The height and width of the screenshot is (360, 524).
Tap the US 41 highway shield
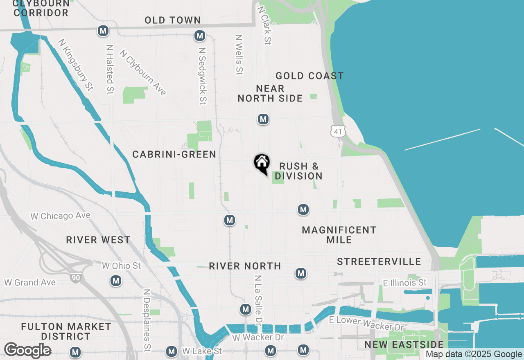tap(338, 131)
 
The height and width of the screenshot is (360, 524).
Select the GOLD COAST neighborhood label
tap(309, 76)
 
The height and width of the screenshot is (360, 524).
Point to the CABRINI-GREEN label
tap(174, 154)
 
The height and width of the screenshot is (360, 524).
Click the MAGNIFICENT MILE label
tap(339, 235)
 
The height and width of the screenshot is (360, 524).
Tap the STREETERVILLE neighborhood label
tap(379, 261)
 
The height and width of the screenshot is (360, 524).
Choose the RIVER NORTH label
tap(245, 266)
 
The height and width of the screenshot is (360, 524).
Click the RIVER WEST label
tap(98, 240)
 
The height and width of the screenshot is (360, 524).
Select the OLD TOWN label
tap(172, 20)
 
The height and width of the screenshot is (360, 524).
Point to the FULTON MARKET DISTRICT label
tap(66, 331)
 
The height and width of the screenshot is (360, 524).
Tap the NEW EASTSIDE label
tap(404, 344)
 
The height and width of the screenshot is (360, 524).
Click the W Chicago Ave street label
tap(60, 216)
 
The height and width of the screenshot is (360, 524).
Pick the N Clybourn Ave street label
tap(143, 72)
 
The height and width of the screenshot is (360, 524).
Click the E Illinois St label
tap(404, 283)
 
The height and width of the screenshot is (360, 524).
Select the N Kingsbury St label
tap(76, 65)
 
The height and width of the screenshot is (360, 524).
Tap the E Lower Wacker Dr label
tap(366, 324)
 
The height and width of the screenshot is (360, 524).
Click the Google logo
tap(27, 350)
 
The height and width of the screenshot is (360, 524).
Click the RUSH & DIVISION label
tap(298, 171)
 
